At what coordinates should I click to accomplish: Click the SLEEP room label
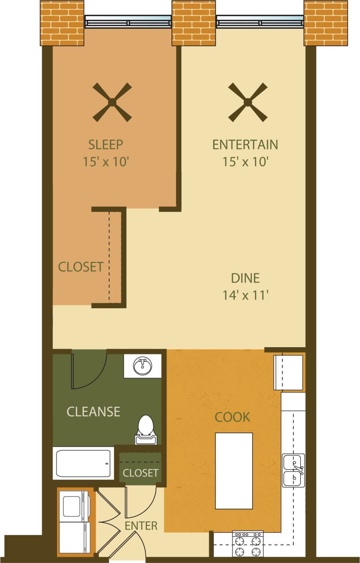pyautogui.click(x=106, y=145)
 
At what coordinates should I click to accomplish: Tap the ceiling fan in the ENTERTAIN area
pyautogui.click(x=247, y=102)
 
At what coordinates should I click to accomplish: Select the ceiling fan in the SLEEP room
pyautogui.click(x=112, y=102)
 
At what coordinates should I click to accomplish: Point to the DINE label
pyautogui.click(x=245, y=278)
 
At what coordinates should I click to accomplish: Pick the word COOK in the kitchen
pyautogui.click(x=232, y=417)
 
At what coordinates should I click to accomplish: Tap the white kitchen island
pyautogui.click(x=233, y=471)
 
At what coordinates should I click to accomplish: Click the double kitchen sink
pyautogui.click(x=294, y=470)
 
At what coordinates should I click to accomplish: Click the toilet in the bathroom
pyautogui.click(x=145, y=428)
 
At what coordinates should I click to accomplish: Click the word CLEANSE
pyautogui.click(x=93, y=411)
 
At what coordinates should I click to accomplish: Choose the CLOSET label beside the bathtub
pyautogui.click(x=140, y=473)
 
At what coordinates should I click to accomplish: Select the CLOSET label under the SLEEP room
pyautogui.click(x=81, y=267)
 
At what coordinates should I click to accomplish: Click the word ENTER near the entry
pyautogui.click(x=141, y=525)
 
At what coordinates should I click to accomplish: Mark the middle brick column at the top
pyautogui.click(x=194, y=22)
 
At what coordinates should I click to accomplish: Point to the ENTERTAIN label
pyautogui.click(x=245, y=145)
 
